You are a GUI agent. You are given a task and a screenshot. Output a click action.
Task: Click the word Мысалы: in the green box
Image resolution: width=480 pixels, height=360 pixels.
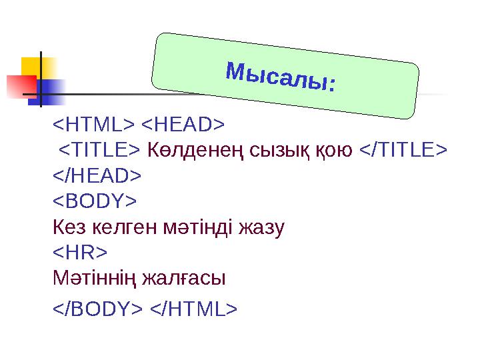tap(281, 77)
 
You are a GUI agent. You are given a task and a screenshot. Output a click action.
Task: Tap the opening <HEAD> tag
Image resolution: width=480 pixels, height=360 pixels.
tap(183, 124)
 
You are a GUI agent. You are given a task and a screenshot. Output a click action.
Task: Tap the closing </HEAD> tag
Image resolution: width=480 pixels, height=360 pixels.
tap(97, 175)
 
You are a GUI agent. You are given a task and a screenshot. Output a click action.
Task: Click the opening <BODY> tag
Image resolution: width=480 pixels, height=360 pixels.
tap(95, 201)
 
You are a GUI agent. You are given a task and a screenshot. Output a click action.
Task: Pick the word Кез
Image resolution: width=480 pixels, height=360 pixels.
tap(67, 228)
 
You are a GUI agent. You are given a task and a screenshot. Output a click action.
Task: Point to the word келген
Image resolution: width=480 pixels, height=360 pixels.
tap(120, 228)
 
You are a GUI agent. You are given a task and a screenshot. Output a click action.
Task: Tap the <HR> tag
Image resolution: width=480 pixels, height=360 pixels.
tap(80, 253)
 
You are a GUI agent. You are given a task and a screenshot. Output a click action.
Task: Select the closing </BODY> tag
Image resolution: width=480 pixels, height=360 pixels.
tap(97, 309)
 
